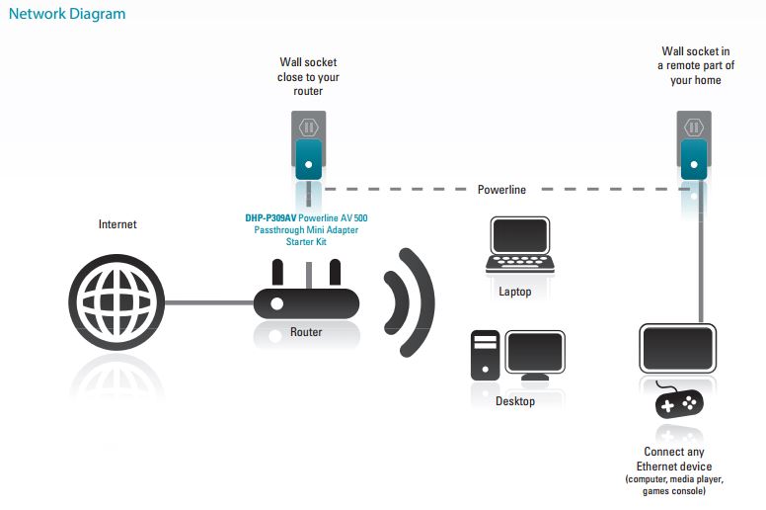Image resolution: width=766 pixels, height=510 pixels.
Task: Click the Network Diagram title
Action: (x=66, y=15)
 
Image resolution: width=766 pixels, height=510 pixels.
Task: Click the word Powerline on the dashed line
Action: (x=501, y=189)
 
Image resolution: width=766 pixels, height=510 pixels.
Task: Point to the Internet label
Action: (x=117, y=224)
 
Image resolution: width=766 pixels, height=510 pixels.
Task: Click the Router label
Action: (x=306, y=332)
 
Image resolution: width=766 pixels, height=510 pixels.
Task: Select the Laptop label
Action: (x=515, y=292)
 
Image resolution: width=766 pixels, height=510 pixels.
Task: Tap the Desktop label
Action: (x=515, y=401)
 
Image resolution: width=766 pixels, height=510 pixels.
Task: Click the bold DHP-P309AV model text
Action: (x=269, y=218)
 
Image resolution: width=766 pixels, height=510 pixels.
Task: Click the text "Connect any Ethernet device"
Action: (x=675, y=460)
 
